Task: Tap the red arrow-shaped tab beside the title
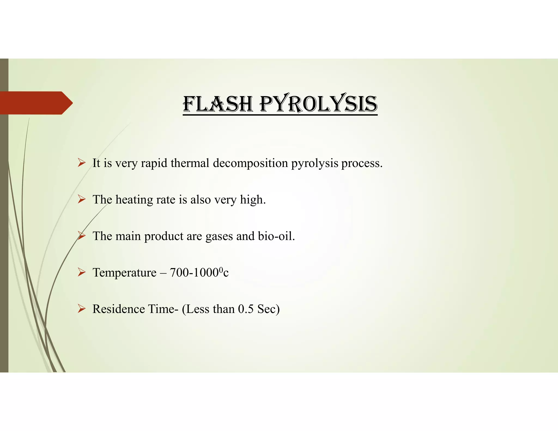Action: point(35,103)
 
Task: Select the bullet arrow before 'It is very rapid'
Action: point(81,163)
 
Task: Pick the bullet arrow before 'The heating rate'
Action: point(81,199)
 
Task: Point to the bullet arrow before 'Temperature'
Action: point(81,272)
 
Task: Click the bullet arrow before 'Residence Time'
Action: point(81,309)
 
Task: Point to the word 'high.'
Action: point(253,200)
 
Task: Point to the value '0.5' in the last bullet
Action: point(245,309)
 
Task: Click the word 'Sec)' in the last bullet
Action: point(268,309)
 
